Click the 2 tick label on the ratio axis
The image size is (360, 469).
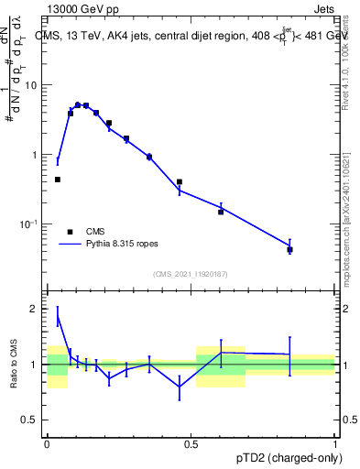pyautogui.click(x=35, y=309)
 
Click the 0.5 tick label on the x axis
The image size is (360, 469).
pyautogui.click(x=191, y=442)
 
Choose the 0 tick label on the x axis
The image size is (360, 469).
pyautogui.click(x=47, y=442)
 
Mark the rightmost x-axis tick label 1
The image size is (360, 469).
pyautogui.click(x=335, y=442)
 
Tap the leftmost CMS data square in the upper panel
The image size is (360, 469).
pyautogui.click(x=58, y=180)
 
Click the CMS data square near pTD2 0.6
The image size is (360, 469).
pyautogui.click(x=221, y=212)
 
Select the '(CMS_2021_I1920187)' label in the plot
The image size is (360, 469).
pyautogui.click(x=191, y=274)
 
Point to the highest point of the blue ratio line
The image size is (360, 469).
pyautogui.click(x=58, y=318)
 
